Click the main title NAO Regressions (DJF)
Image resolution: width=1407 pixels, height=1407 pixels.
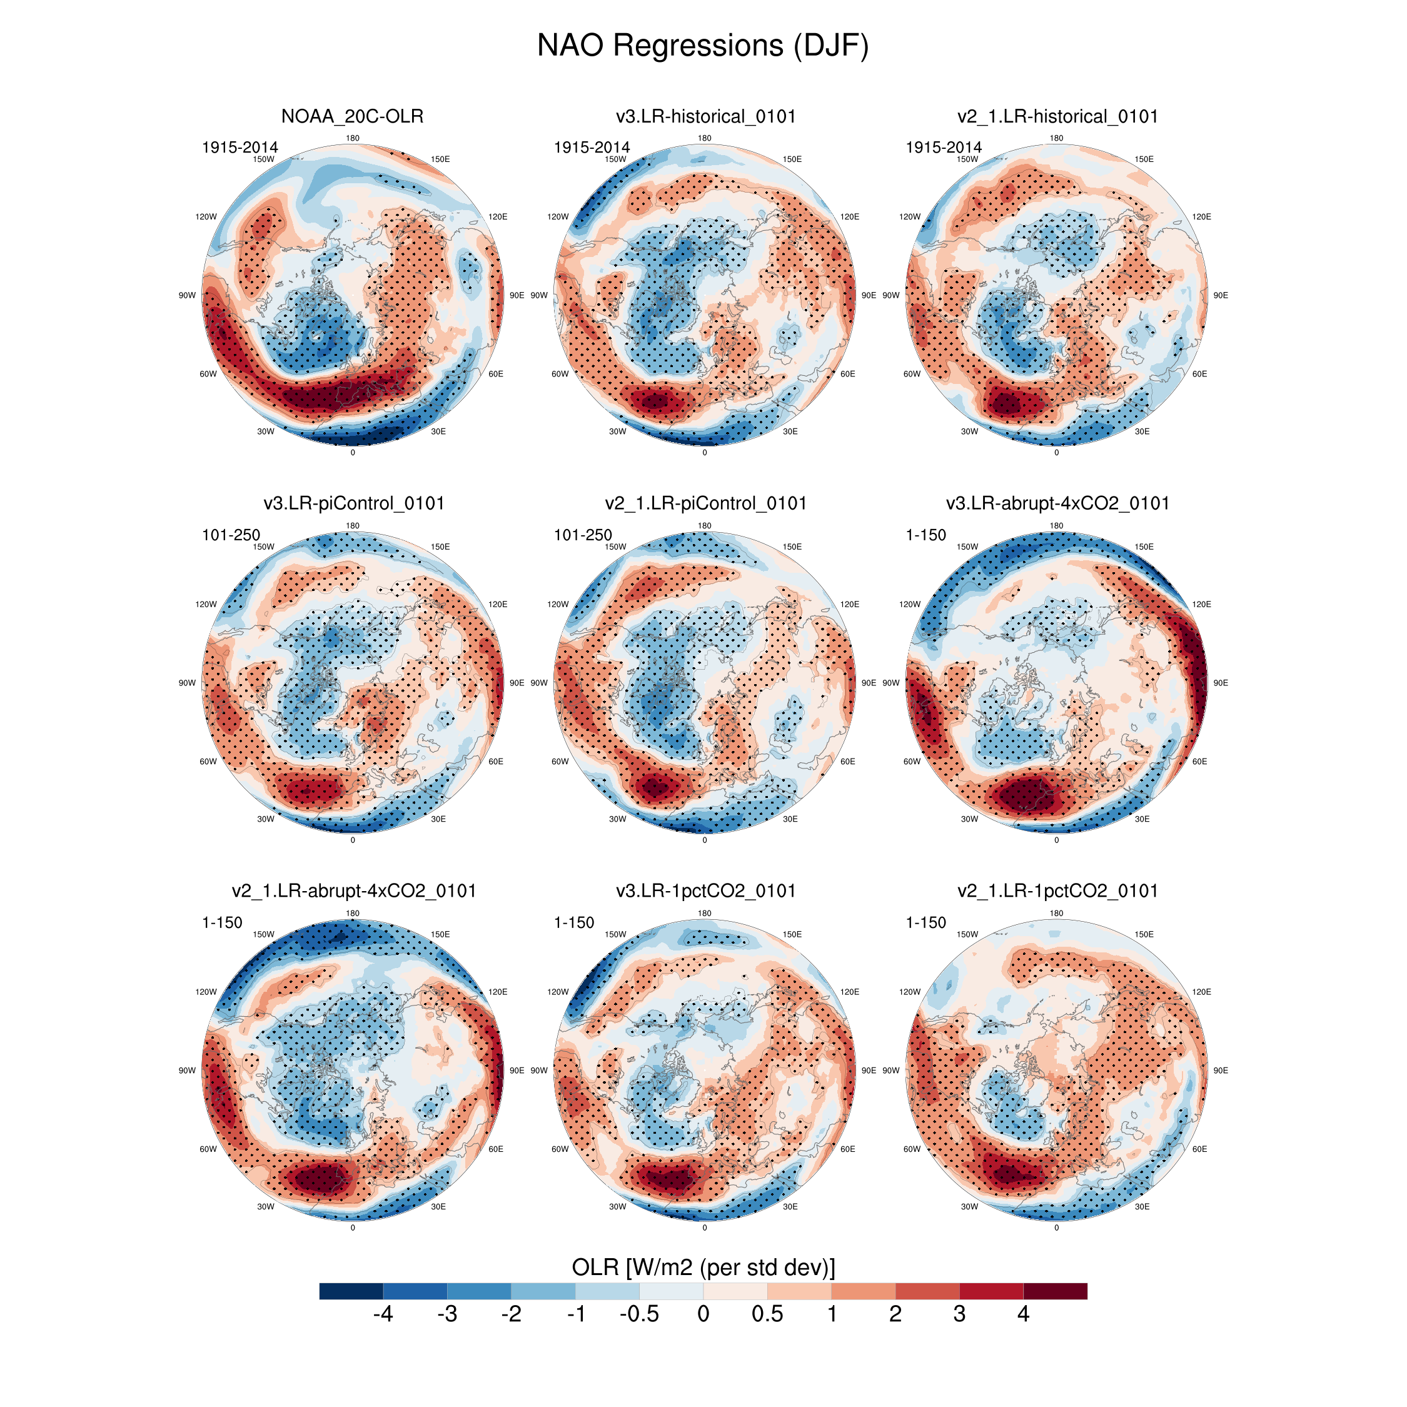point(703,45)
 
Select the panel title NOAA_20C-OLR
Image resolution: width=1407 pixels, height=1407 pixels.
point(353,116)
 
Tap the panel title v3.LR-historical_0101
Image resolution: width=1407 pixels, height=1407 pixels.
point(705,116)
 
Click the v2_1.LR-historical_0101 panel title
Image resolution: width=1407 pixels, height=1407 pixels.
point(1057,116)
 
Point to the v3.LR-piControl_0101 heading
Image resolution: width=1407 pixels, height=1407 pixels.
point(354,503)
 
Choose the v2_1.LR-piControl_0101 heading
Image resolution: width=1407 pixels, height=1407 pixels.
point(705,503)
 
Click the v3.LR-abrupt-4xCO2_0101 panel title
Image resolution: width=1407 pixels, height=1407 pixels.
point(1057,503)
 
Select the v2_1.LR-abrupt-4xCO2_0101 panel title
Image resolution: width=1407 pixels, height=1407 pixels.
point(354,890)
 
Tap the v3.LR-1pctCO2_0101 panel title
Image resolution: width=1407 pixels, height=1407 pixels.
point(705,890)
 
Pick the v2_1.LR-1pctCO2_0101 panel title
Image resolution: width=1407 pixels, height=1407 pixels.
point(1057,890)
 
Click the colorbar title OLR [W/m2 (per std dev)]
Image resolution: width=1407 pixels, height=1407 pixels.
point(703,1267)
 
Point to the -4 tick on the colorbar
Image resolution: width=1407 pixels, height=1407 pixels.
point(383,1314)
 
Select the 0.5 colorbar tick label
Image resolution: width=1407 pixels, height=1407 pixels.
point(767,1314)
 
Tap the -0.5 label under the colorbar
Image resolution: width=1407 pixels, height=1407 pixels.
point(638,1314)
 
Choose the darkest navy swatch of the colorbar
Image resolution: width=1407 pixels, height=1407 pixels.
point(351,1291)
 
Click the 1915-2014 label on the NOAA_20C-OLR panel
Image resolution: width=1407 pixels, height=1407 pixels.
point(240,148)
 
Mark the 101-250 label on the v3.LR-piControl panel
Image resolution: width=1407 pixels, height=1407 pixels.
point(231,535)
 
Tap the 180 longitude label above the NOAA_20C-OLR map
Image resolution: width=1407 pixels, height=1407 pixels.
point(353,138)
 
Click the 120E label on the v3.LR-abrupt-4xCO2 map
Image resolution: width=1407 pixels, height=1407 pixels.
point(1202,605)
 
